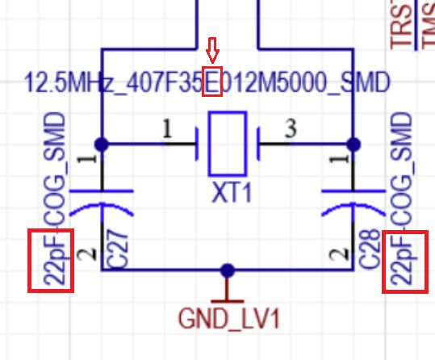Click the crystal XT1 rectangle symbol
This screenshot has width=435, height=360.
coord(227,144)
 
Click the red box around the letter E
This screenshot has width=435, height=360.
coord(212,82)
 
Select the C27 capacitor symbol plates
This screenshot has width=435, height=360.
coord(102,201)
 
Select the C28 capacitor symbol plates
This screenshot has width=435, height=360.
coord(353,201)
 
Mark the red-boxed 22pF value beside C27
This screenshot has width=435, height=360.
coord(51,260)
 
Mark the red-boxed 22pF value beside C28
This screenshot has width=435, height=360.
coord(405,260)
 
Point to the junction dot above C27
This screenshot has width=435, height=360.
coord(102,144)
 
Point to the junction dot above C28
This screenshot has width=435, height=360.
coord(353,144)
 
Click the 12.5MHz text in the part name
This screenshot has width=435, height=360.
coord(57,82)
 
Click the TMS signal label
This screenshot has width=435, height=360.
coord(425,24)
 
